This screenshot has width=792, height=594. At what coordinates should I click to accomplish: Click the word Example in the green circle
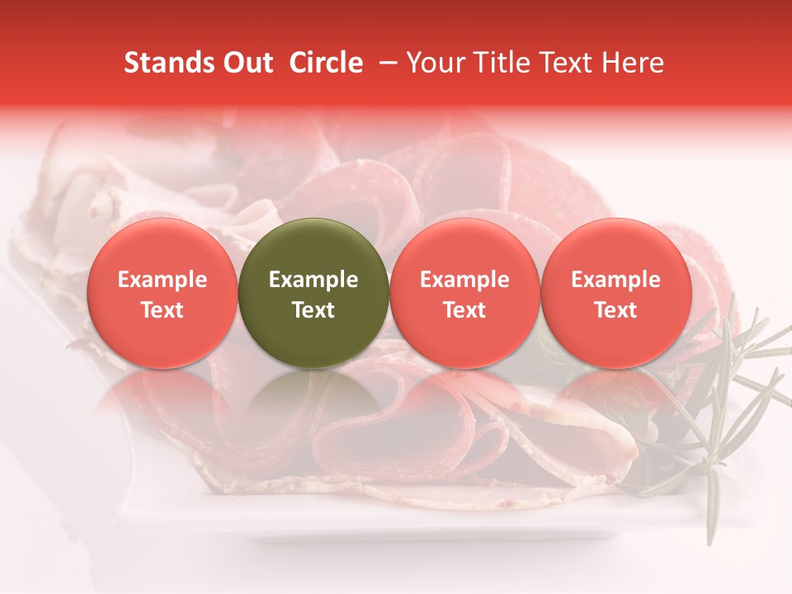click(313, 280)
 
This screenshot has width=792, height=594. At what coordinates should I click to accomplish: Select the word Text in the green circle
click(313, 310)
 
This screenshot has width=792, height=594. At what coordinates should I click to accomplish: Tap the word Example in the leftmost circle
click(162, 280)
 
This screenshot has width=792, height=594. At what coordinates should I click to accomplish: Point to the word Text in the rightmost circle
click(616, 310)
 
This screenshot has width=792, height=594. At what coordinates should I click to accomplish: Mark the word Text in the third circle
click(464, 310)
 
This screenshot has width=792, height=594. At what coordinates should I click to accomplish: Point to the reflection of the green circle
click(313, 404)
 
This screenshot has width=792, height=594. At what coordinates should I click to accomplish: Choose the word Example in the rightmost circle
click(616, 280)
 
